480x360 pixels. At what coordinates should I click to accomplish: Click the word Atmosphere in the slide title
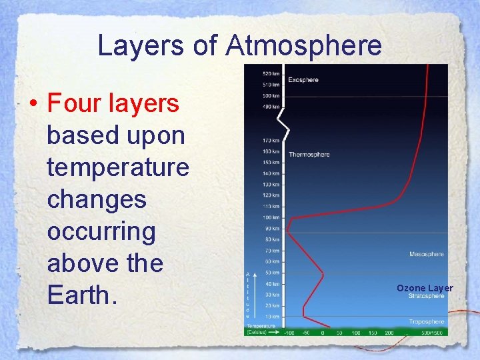pyautogui.click(x=304, y=46)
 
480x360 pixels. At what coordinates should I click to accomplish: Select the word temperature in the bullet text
pyautogui.click(x=118, y=167)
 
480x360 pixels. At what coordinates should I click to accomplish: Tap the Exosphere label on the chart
pyautogui.click(x=303, y=80)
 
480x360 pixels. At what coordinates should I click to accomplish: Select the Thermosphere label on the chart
pyautogui.click(x=309, y=155)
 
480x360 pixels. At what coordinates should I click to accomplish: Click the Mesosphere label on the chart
pyautogui.click(x=427, y=254)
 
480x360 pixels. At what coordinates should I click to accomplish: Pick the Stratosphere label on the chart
pyautogui.click(x=427, y=296)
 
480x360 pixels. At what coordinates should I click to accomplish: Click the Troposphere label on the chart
pyautogui.click(x=427, y=321)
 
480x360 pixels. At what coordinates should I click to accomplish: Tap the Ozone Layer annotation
pyautogui.click(x=425, y=288)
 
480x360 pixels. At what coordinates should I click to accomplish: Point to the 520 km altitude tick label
pyautogui.click(x=271, y=73)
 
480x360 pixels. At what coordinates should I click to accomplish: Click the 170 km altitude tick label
pyautogui.click(x=271, y=141)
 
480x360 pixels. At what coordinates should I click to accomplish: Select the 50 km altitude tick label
pyautogui.click(x=273, y=273)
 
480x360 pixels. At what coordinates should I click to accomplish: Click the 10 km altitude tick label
pyautogui.click(x=273, y=316)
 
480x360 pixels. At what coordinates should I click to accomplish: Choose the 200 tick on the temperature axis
pyautogui.click(x=389, y=332)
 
